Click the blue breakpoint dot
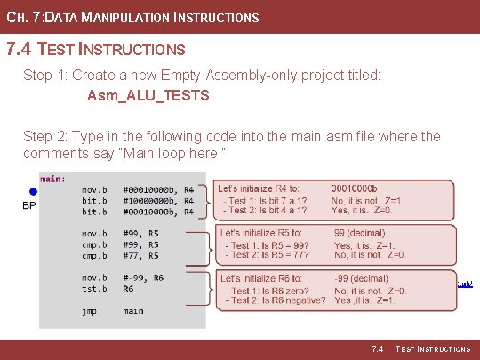(x=33, y=191)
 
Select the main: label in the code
(x=52, y=179)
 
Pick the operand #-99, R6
(x=143, y=277)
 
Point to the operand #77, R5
(x=141, y=255)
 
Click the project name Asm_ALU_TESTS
(x=148, y=95)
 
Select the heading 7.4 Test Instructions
(x=96, y=50)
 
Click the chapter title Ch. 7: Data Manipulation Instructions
(x=132, y=17)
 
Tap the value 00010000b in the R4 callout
(x=354, y=188)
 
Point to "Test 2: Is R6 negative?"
(x=276, y=300)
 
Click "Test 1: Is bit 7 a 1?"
(x=265, y=200)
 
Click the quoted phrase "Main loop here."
(x=176, y=154)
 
